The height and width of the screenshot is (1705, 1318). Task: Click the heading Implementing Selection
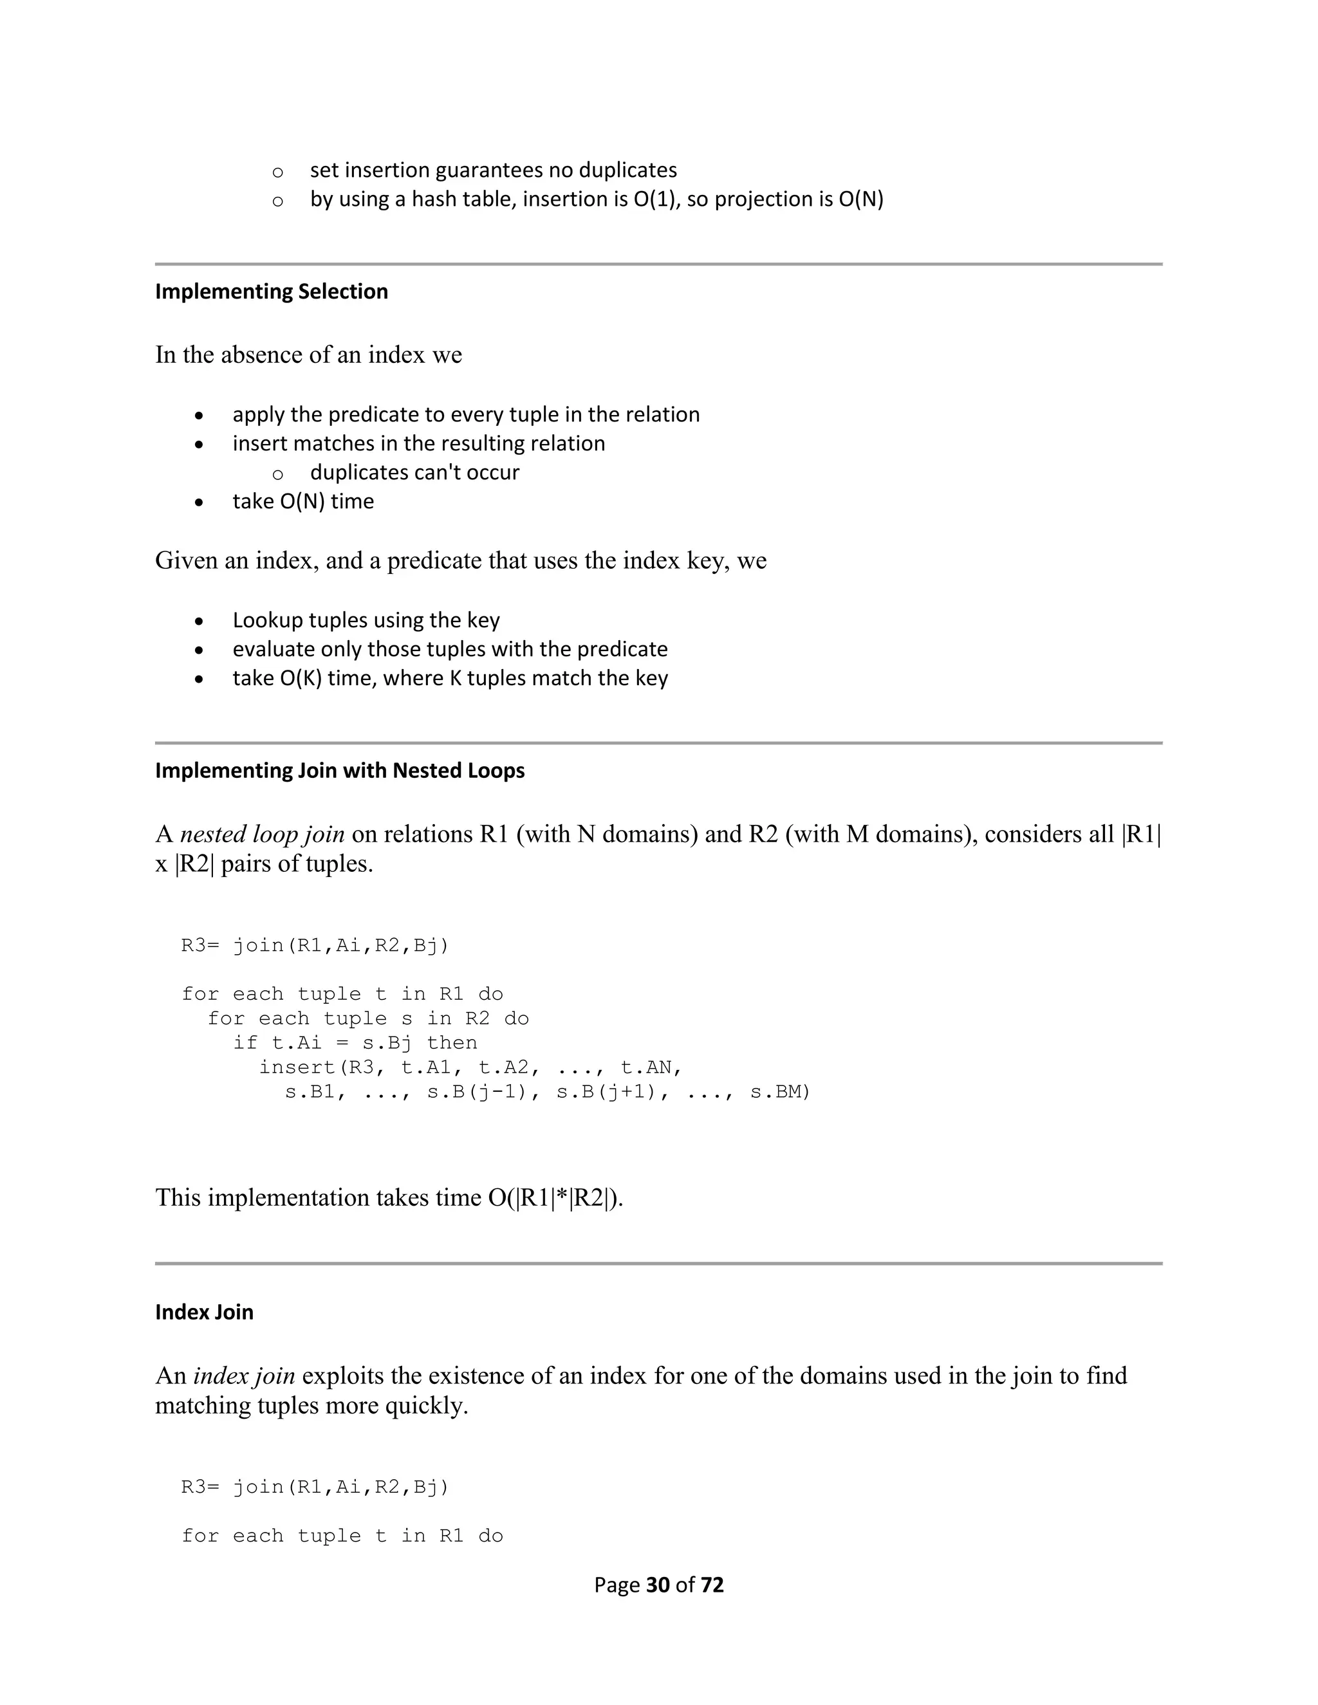click(271, 291)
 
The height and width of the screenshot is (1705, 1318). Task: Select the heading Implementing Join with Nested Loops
click(340, 771)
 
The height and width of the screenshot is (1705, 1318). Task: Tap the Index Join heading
click(204, 1313)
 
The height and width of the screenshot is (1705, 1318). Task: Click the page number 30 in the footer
click(658, 1585)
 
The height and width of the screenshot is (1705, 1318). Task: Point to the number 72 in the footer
click(712, 1585)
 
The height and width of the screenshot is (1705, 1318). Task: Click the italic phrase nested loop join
click(263, 834)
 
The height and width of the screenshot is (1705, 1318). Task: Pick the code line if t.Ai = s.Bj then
click(355, 1043)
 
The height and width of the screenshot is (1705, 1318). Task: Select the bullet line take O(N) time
click(303, 501)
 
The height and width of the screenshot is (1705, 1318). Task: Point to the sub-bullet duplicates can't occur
click(414, 472)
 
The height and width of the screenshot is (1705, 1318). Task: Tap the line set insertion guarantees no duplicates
click(494, 170)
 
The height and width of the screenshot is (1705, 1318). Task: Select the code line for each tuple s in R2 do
click(367, 1018)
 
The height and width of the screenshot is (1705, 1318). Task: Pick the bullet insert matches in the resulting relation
click(418, 443)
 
